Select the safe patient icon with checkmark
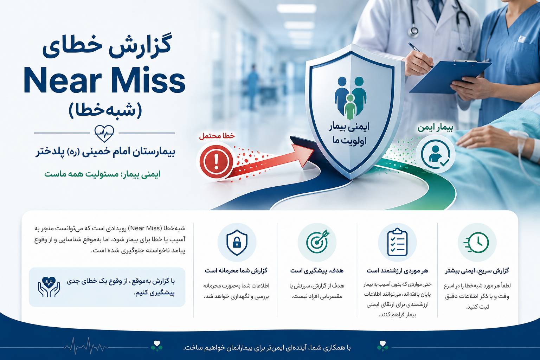tap(435, 154)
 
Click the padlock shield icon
tap(237, 242)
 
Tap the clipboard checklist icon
tap(397, 242)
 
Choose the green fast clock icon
tap(476, 242)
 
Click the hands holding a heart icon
tap(49, 287)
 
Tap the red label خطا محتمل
tap(217, 136)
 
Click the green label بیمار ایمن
tap(435, 128)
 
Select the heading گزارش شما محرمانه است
tap(236, 271)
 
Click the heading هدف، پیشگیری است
tap(317, 271)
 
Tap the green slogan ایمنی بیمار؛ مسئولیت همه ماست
tap(102, 174)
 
